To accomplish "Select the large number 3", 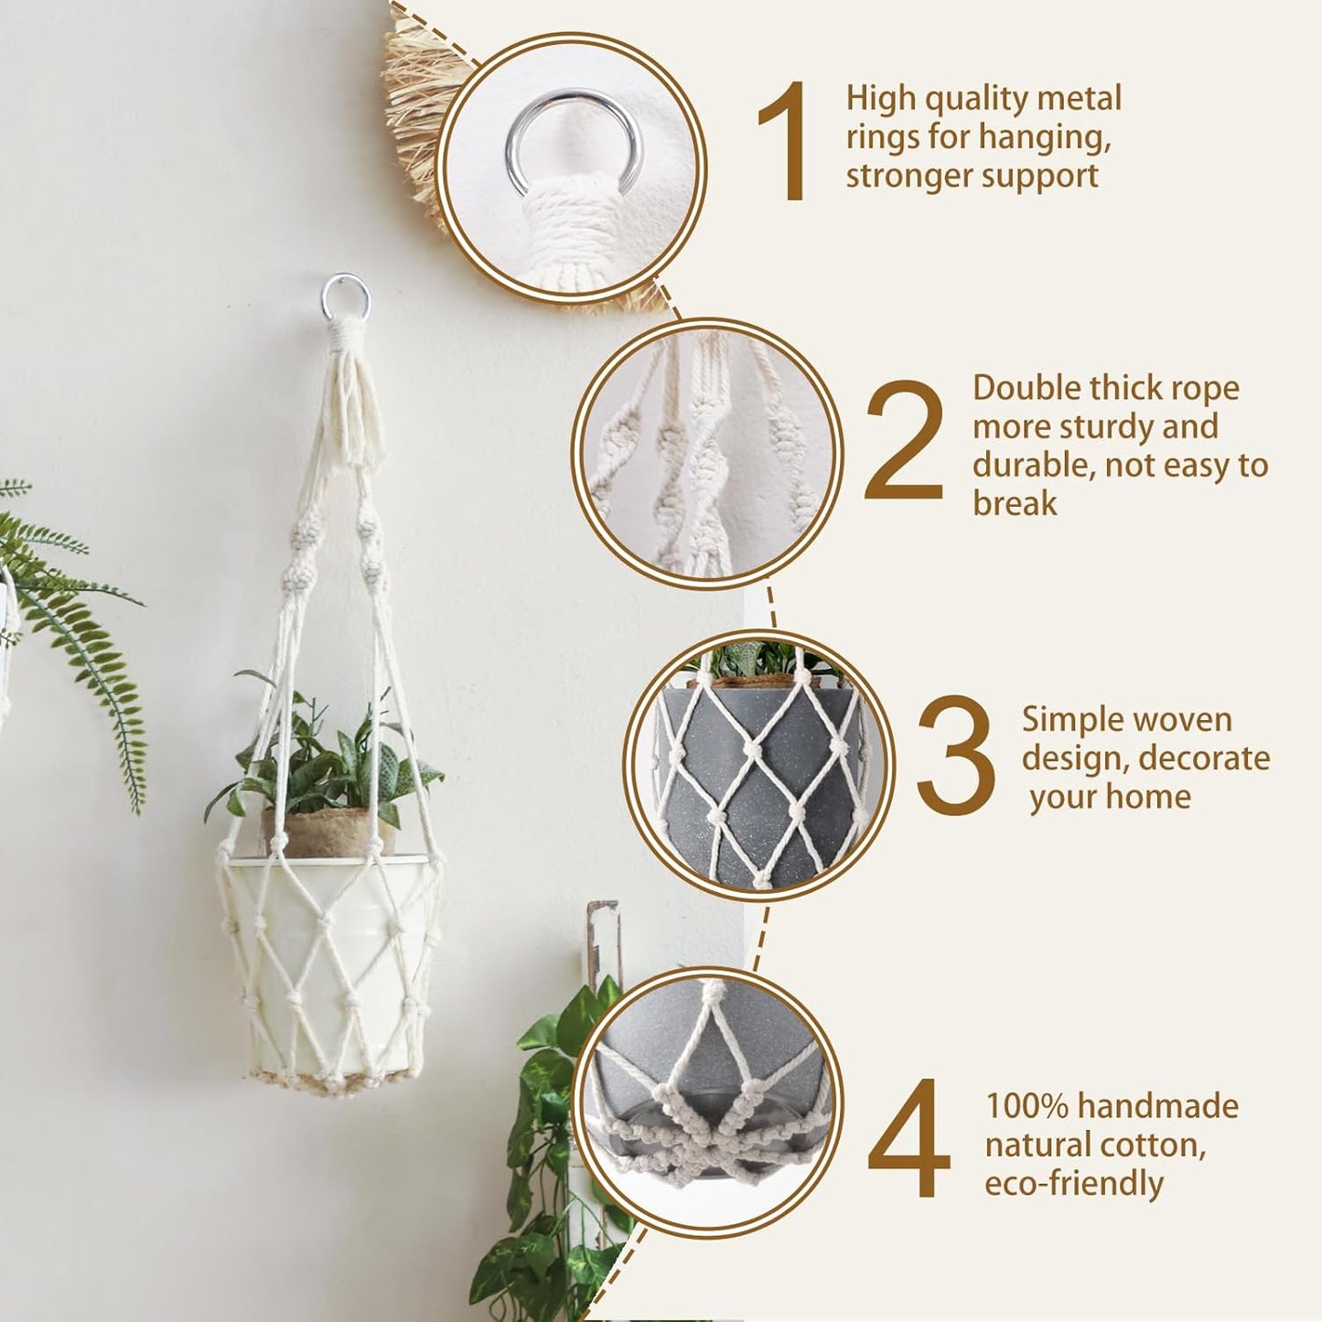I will [x=955, y=756].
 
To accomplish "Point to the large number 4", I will [x=908, y=1138].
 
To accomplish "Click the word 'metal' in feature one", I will [x=1083, y=99].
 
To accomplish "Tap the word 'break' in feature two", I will [x=1015, y=503].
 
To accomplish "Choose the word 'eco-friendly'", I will [x=1073, y=1184].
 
